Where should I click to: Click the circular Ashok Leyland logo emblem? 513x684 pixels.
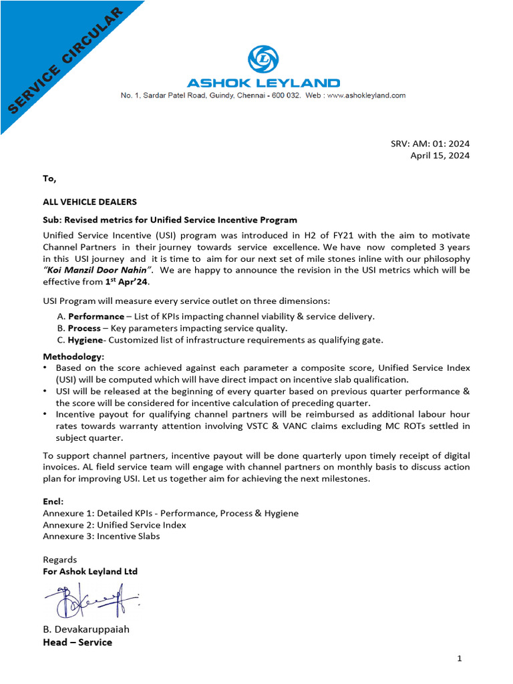pyautogui.click(x=263, y=59)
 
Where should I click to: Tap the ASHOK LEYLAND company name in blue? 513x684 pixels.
pyautogui.click(x=263, y=83)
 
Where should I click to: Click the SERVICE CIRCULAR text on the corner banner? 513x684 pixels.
pyautogui.click(x=65, y=59)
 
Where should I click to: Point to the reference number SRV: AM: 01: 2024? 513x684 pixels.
pyautogui.click(x=430, y=144)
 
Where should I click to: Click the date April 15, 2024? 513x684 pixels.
pyautogui.click(x=440, y=156)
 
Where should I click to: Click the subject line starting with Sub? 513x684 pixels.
pyautogui.click(x=170, y=220)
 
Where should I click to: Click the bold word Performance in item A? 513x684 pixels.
pyautogui.click(x=96, y=316)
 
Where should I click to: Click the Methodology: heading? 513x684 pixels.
pyautogui.click(x=73, y=357)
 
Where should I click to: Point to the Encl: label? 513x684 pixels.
pyautogui.click(x=53, y=501)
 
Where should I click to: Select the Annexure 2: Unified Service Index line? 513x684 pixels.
pyautogui.click(x=114, y=524)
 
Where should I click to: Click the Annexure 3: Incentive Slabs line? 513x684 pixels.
pyautogui.click(x=102, y=536)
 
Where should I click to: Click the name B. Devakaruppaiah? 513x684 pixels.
pyautogui.click(x=86, y=629)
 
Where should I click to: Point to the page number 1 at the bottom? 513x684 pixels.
pyautogui.click(x=460, y=659)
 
